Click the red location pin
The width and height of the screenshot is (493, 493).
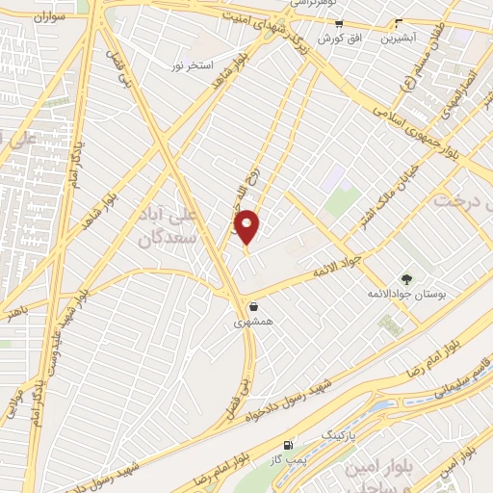click(247, 227)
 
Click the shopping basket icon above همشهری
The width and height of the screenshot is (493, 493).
click(251, 307)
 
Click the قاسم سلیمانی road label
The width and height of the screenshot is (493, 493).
click(460, 371)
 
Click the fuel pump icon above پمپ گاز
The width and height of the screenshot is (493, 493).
click(288, 445)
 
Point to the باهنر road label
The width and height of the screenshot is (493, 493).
click(13, 312)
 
